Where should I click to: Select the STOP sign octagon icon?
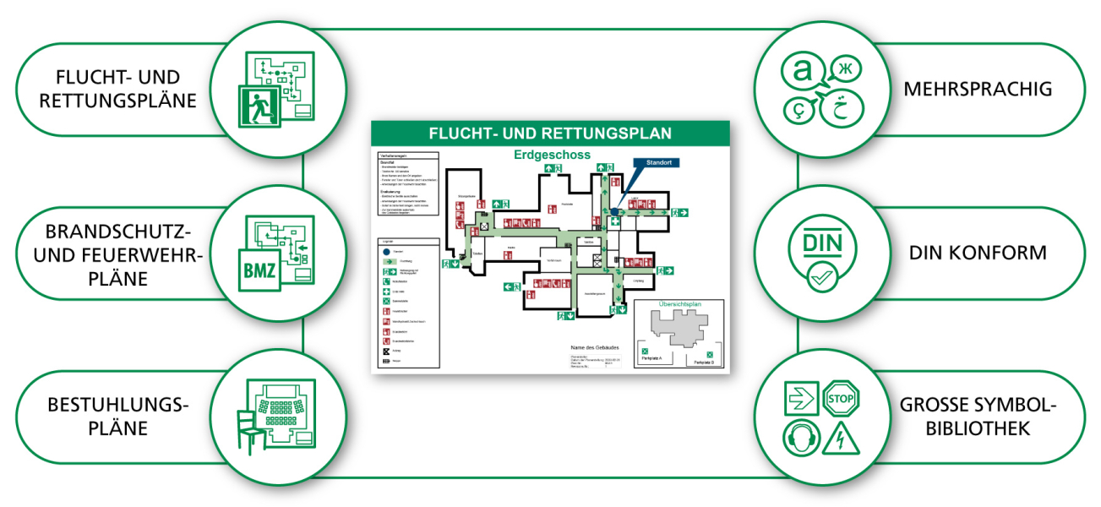840,398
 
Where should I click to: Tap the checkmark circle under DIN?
820,277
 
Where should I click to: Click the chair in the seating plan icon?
247,428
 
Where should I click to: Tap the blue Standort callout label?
656,162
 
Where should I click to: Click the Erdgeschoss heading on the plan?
553,155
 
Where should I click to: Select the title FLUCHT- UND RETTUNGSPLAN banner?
550,133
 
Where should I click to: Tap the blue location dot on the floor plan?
615,213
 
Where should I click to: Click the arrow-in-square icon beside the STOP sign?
799,398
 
